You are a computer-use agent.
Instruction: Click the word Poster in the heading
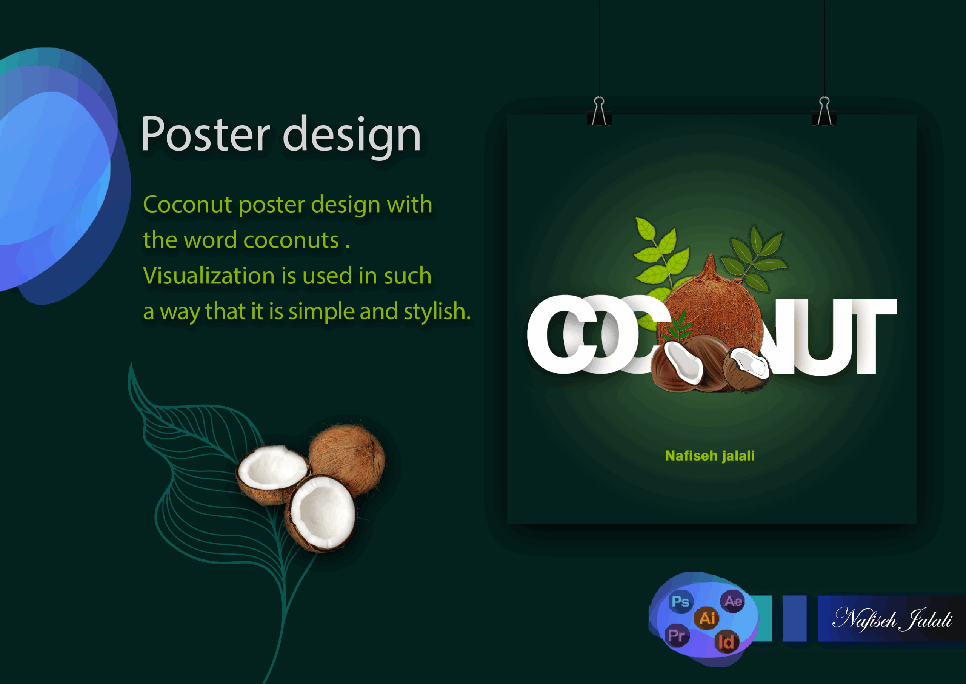point(205,134)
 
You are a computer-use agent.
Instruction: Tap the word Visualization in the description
point(209,276)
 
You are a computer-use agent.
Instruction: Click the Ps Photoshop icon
point(681,601)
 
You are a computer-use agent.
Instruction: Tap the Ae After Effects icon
point(733,601)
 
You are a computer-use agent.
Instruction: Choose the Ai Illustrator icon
point(707,618)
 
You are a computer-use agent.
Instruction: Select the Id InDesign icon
point(726,642)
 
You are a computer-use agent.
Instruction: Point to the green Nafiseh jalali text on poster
point(710,456)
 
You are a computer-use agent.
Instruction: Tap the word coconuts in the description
point(291,240)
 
